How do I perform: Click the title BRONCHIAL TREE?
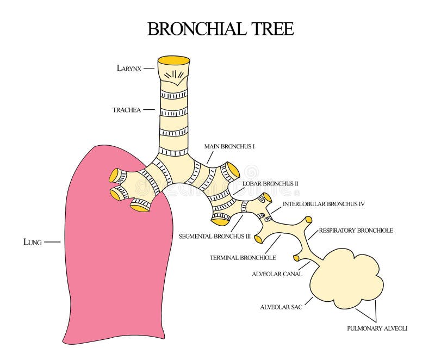[x=220, y=29]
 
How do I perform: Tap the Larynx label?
[x=129, y=68]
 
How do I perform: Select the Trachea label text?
[x=127, y=110]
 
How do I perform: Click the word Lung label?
[x=33, y=241]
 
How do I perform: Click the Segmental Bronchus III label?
[x=214, y=237]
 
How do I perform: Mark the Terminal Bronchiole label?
[x=243, y=257]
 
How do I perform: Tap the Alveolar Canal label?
[x=277, y=274]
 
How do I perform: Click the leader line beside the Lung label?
[x=52, y=241]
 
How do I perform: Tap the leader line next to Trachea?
[x=149, y=110]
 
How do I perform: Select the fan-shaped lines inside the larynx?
[x=173, y=75]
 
